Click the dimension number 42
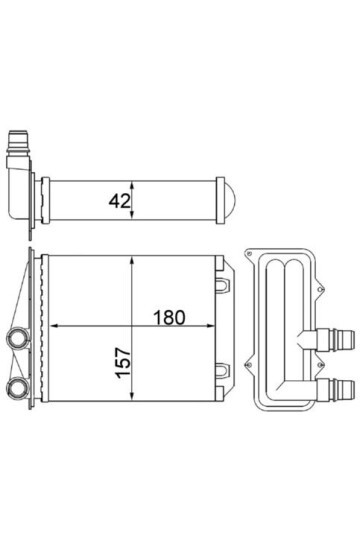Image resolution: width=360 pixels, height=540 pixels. click(120, 201)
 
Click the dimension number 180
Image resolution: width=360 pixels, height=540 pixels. click(169, 318)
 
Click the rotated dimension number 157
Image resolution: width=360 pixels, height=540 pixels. click(124, 363)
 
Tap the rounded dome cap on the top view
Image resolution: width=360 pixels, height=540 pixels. click(230, 200)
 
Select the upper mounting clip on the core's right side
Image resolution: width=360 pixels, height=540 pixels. click(223, 285)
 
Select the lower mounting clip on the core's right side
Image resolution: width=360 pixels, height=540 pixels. click(223, 370)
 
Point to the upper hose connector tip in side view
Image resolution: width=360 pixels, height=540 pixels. click(347, 340)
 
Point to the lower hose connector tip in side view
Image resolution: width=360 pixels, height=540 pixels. click(347, 389)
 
